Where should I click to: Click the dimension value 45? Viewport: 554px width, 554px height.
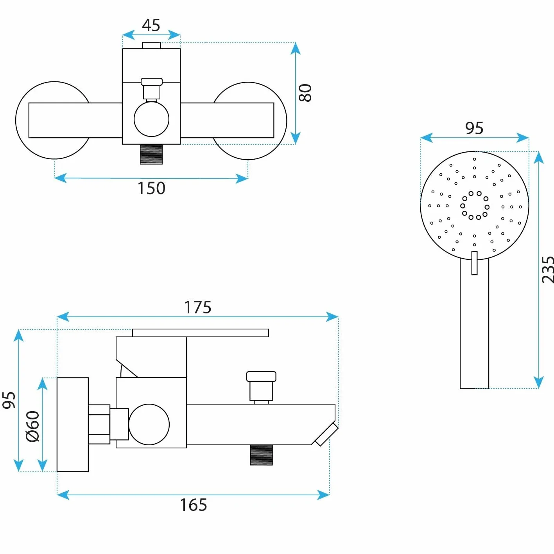pyautogui.click(x=151, y=25)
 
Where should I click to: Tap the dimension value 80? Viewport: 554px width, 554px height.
pyautogui.click(x=305, y=93)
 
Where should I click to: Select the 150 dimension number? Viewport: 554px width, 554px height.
pyautogui.click(x=152, y=188)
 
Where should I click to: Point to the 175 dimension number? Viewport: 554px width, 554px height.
pyautogui.click(x=198, y=308)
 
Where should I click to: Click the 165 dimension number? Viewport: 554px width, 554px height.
pyautogui.click(x=194, y=505)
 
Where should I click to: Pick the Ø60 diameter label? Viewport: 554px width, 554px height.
pyautogui.click(x=33, y=426)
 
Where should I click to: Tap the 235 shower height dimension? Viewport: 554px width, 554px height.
pyautogui.click(x=547, y=270)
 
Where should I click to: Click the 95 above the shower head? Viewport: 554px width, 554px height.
pyautogui.click(x=474, y=128)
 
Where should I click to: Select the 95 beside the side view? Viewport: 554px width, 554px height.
pyautogui.click(x=9, y=400)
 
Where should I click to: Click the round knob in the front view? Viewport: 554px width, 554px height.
pyautogui.click(x=152, y=119)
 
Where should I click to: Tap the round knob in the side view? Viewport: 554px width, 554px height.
pyautogui.click(x=149, y=424)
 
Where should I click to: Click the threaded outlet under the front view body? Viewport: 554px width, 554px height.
pyautogui.click(x=151, y=154)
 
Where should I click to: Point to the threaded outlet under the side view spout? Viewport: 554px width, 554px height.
pyautogui.click(x=261, y=455)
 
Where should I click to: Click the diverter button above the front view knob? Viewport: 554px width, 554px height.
pyautogui.click(x=152, y=90)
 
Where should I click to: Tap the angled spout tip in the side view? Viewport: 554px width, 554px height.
pyautogui.click(x=326, y=434)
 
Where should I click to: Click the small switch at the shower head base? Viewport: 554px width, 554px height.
pyautogui.click(x=474, y=263)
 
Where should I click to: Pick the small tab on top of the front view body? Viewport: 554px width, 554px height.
pyautogui.click(x=151, y=45)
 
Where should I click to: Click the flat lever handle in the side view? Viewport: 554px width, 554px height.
pyautogui.click(x=201, y=333)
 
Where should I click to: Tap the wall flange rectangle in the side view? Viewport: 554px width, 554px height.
pyautogui.click(x=73, y=424)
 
